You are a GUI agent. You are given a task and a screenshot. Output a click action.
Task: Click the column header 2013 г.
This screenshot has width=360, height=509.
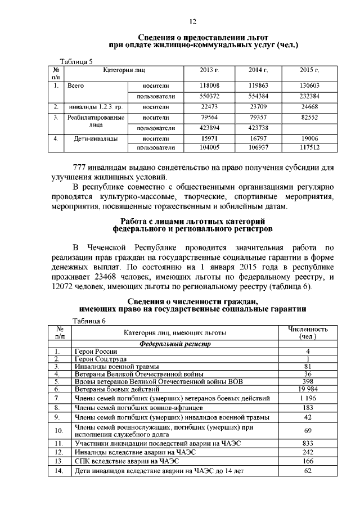209,70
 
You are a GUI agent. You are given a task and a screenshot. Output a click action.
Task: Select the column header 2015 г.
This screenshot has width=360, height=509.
309,70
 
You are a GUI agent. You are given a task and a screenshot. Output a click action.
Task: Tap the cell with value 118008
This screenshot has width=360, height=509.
209,86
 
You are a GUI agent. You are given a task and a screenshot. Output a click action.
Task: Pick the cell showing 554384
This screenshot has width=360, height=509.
258,97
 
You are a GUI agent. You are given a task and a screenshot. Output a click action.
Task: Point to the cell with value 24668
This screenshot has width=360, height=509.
309,107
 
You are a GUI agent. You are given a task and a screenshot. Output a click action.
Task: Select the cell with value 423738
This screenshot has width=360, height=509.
258,128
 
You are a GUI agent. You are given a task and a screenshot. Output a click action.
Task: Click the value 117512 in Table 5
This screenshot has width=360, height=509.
309,148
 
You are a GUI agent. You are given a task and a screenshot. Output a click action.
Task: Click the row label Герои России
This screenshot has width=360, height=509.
94,351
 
